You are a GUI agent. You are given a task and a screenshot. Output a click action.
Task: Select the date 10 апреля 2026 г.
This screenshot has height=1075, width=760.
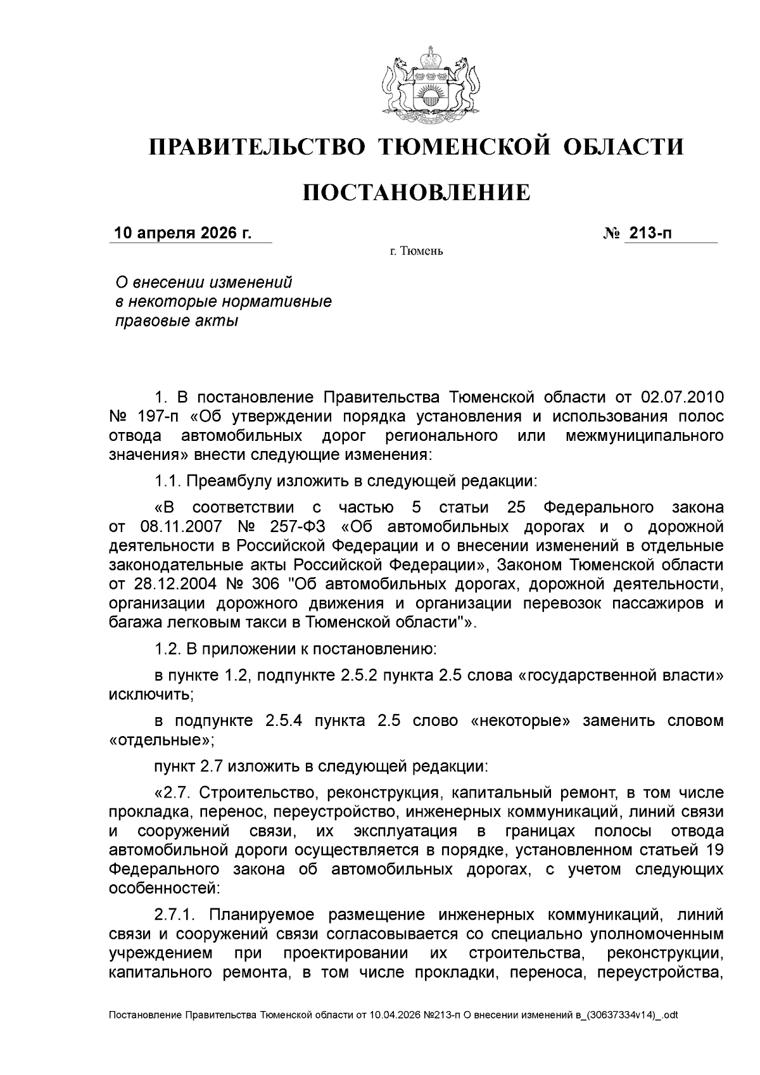[x=182, y=234]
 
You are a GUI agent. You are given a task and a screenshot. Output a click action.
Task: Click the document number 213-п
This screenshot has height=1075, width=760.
[x=649, y=234]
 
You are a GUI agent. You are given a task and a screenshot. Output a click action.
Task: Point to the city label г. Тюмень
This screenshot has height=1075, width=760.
[x=416, y=251]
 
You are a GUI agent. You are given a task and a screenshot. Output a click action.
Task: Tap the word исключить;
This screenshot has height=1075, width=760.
[x=151, y=694]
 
